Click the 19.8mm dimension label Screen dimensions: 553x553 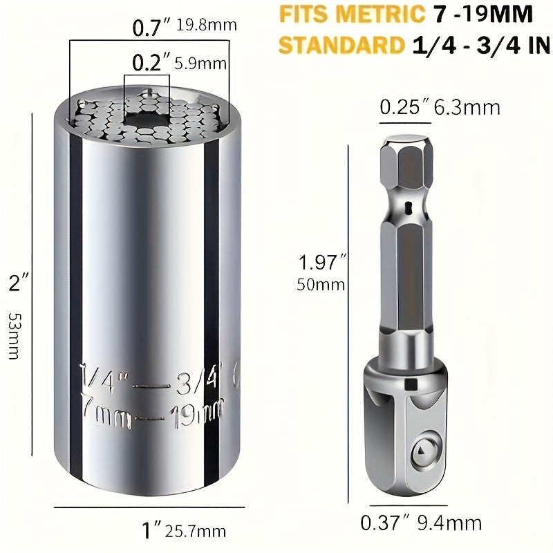tap(207, 26)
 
